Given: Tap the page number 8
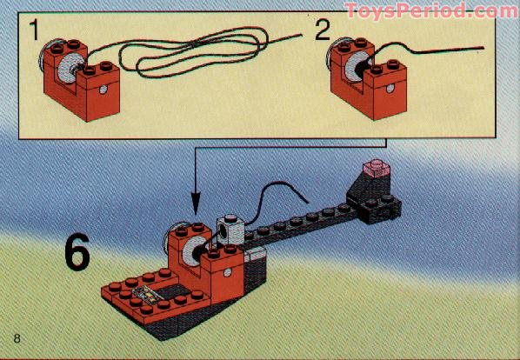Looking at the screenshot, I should tap(17, 337).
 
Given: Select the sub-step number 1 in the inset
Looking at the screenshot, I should tap(33, 33).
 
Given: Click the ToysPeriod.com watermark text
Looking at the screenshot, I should tap(431, 11).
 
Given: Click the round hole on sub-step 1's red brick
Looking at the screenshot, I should tap(103, 90).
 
